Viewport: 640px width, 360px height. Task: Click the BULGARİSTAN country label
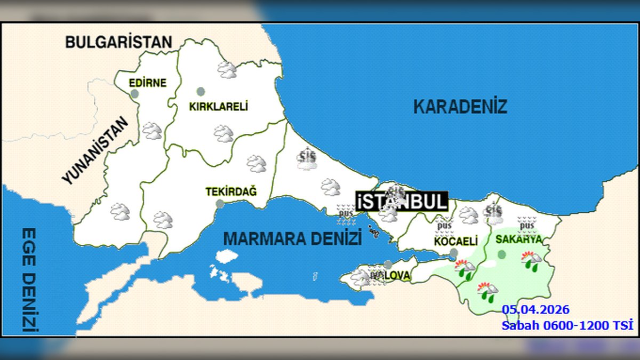pos(119,42)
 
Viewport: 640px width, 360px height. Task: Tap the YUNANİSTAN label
pos(95,151)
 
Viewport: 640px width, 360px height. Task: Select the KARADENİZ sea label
pos(460,107)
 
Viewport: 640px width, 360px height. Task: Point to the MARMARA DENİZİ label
pos(292,238)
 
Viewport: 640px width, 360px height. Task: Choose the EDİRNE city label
pos(148,83)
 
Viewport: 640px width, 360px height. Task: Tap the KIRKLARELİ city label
pos(219,107)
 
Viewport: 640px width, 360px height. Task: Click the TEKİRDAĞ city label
pos(231,191)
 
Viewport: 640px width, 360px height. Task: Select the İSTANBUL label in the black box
pos(402,202)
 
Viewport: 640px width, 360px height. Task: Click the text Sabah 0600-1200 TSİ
pos(567,325)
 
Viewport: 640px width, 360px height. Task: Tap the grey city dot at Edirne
pos(135,94)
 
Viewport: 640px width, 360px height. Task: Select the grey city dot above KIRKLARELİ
pos(201,91)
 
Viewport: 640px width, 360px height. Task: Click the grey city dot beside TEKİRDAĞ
pos(220,203)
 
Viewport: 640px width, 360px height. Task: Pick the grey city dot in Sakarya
pos(501,254)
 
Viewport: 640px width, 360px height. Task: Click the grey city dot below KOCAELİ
pos(453,252)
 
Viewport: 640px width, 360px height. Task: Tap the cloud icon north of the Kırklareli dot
pos(227,69)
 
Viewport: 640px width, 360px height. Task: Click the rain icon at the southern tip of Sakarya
pos(487,291)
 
